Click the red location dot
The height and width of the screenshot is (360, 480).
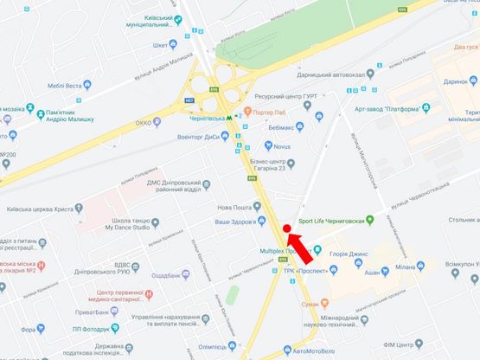click(x=286, y=228)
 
